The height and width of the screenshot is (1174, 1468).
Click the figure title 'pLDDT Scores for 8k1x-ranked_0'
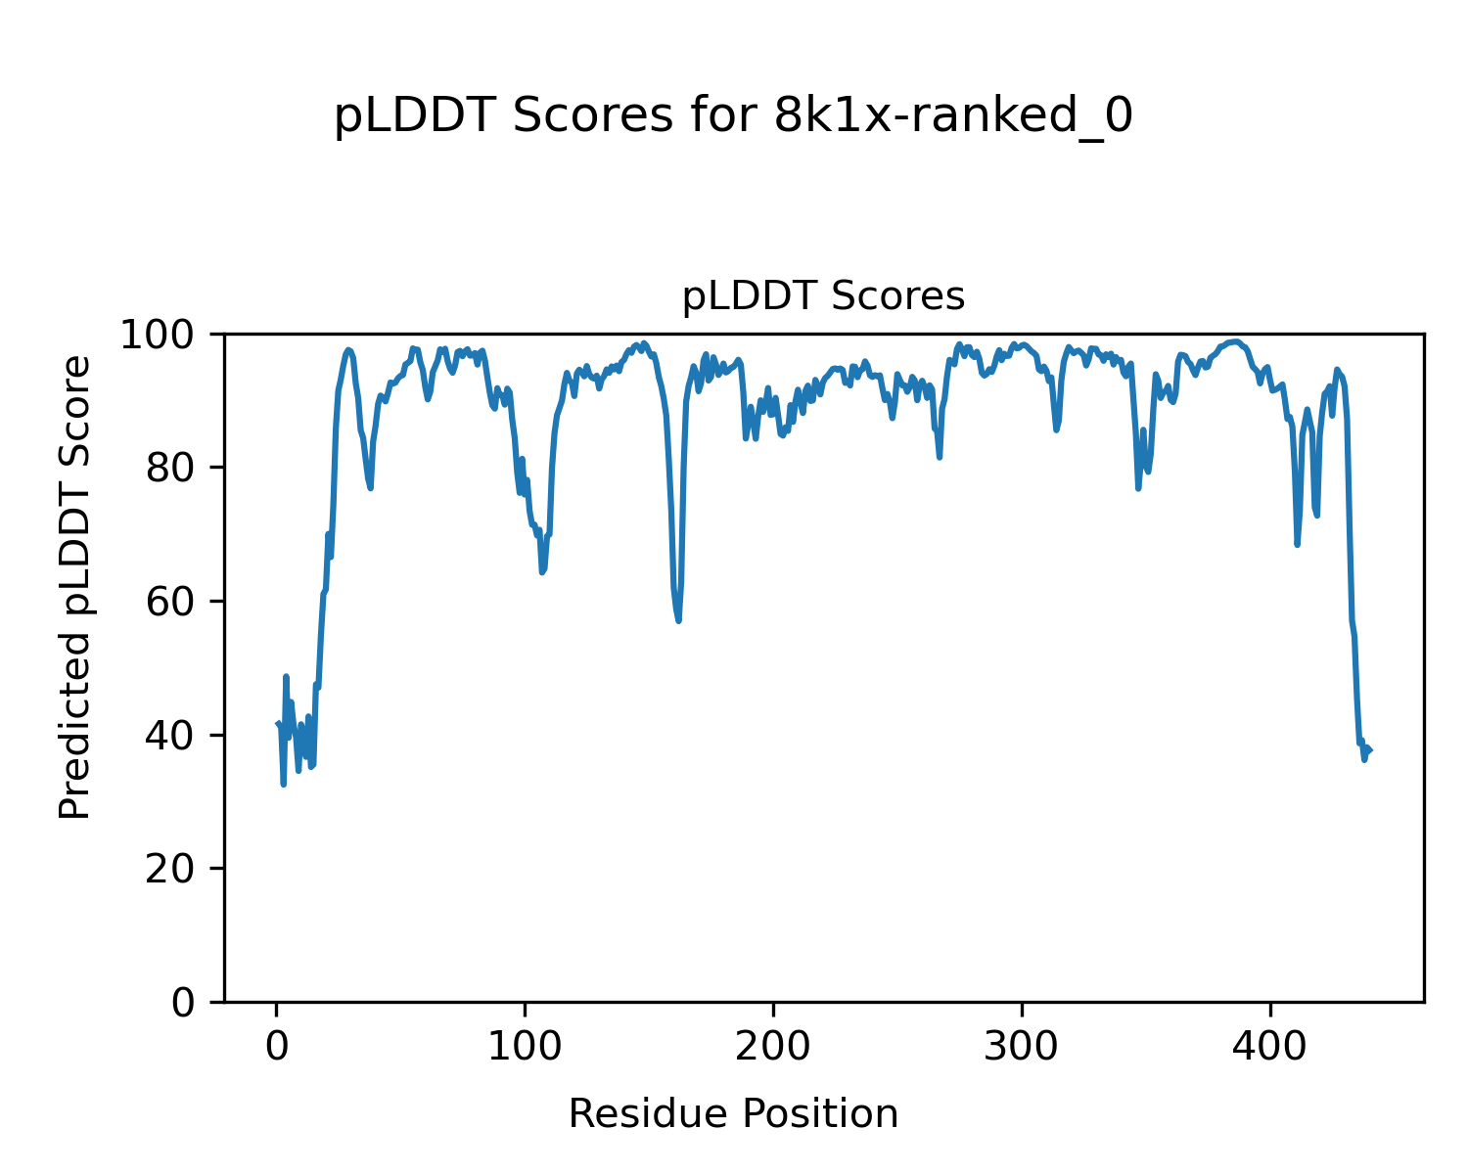[x=733, y=117]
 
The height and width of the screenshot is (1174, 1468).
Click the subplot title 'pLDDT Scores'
[x=823, y=296]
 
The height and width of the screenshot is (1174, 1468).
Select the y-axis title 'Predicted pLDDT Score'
[x=75, y=587]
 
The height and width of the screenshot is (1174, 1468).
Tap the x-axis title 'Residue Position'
[x=733, y=1114]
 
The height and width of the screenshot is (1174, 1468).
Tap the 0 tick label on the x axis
[x=277, y=1047]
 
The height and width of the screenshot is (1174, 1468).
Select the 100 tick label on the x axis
[x=526, y=1047]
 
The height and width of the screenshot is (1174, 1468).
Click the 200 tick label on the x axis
[x=773, y=1047]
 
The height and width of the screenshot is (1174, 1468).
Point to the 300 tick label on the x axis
[x=1022, y=1047]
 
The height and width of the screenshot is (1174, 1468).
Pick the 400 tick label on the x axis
[x=1270, y=1047]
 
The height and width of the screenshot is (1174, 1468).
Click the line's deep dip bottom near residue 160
[x=678, y=620]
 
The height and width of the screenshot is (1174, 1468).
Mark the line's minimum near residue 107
[x=542, y=572]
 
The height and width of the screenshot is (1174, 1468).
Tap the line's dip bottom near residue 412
[x=1298, y=545]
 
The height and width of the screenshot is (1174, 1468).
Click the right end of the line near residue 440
[x=1370, y=750]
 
